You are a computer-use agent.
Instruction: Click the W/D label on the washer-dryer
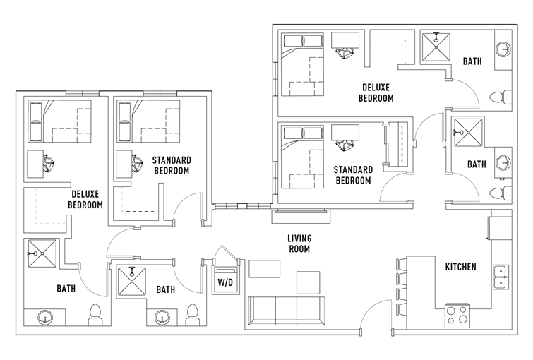coord(226,282)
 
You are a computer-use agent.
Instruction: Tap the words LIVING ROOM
coord(299,244)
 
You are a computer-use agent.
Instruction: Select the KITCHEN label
coord(460,267)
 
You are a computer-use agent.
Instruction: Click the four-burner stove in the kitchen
coord(457,316)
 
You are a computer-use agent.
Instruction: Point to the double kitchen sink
coord(501,277)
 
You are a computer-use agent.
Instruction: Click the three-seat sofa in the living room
coord(287,311)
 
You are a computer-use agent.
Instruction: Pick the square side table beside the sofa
coord(308,282)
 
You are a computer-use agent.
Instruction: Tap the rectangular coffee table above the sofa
coord(265,269)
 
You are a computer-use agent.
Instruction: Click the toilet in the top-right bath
coord(501,97)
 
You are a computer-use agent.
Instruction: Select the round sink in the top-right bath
coord(503,49)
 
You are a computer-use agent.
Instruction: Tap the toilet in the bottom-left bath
coord(95,314)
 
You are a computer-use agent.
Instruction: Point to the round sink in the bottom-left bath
coord(45,318)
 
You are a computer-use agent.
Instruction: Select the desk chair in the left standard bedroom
coord(137,164)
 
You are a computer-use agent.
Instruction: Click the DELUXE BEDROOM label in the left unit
coord(85,200)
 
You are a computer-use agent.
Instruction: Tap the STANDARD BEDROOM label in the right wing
coord(353,175)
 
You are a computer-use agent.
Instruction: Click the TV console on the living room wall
coord(301,216)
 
